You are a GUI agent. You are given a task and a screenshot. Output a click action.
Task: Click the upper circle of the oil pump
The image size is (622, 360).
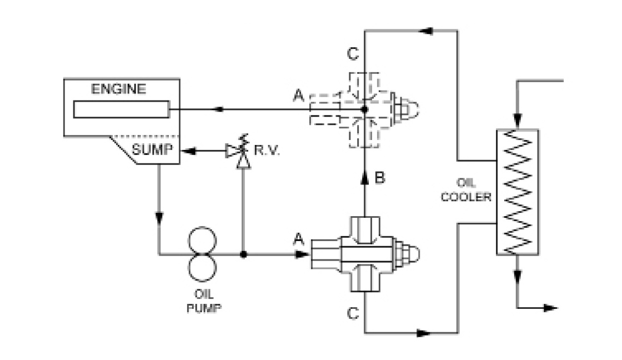200,241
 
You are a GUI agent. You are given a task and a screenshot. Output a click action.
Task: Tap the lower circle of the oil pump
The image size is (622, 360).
200,267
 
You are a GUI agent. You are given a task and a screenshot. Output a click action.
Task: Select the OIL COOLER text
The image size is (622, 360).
473,190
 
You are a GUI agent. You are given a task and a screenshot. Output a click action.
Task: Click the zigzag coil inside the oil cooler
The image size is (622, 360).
518,192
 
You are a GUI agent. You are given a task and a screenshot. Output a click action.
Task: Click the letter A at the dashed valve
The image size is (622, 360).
299,97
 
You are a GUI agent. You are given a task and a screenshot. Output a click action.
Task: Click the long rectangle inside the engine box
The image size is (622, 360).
121,109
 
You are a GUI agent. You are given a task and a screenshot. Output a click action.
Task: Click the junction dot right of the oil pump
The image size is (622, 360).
243,254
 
